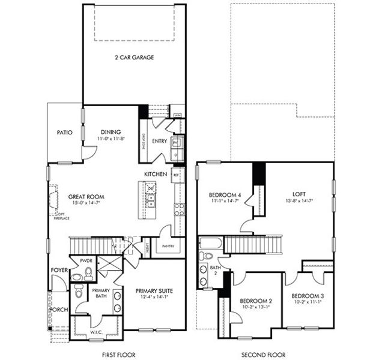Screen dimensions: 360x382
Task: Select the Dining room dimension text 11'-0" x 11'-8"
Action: pos(111,139)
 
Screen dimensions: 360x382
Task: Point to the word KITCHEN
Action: pos(156,174)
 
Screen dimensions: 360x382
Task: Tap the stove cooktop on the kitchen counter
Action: pos(179,209)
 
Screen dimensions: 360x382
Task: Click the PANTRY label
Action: pos(168,246)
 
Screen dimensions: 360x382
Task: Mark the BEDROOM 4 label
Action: pos(226,195)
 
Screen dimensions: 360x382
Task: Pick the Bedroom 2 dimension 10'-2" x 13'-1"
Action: pos(256,307)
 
